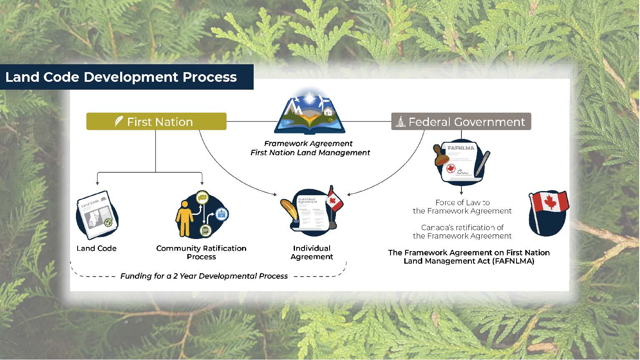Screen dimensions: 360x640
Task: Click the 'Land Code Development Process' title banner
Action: pos(121,77)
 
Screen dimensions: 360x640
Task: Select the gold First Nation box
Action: pos(156,121)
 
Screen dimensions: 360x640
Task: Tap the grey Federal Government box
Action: pos(461,121)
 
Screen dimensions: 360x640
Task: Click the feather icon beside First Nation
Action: pos(118,122)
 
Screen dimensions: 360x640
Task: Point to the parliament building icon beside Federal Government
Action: pos(401,122)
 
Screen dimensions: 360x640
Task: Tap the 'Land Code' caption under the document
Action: pos(96,248)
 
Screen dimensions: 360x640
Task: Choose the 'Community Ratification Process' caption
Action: pos(201,252)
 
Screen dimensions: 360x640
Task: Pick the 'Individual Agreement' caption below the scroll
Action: pos(312,252)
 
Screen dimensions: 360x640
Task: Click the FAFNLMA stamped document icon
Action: pos(461,163)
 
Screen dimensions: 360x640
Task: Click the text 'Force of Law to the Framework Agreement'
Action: pos(462,206)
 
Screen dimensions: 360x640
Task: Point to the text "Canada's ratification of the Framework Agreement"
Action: pos(462,232)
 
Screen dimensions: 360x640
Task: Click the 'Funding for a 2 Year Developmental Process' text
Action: pos(204,276)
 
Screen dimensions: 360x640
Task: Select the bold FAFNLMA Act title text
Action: pos(469,257)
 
